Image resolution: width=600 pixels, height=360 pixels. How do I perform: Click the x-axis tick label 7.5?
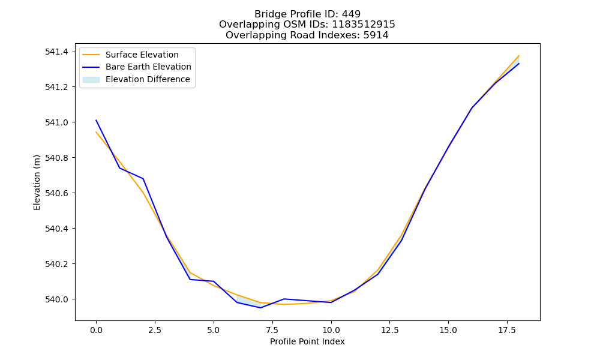click(x=272, y=330)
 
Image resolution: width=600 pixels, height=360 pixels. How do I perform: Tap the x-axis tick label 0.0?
click(x=96, y=330)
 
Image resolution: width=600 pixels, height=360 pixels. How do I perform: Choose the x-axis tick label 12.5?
click(x=389, y=330)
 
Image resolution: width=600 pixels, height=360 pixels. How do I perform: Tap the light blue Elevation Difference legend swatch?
click(x=91, y=80)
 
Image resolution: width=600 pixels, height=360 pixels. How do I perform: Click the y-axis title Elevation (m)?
click(x=37, y=182)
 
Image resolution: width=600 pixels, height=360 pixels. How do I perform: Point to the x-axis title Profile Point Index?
click(x=307, y=341)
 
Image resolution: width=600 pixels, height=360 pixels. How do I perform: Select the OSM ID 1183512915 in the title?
click(x=364, y=25)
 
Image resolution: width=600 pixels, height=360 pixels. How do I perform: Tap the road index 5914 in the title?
click(x=376, y=35)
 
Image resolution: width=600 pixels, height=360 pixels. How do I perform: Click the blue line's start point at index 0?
click(x=96, y=120)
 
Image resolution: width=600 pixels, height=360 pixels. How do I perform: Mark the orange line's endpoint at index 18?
click(x=519, y=55)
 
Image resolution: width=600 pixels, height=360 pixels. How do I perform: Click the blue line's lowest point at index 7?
click(x=260, y=308)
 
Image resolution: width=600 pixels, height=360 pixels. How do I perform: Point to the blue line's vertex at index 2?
click(x=143, y=179)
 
